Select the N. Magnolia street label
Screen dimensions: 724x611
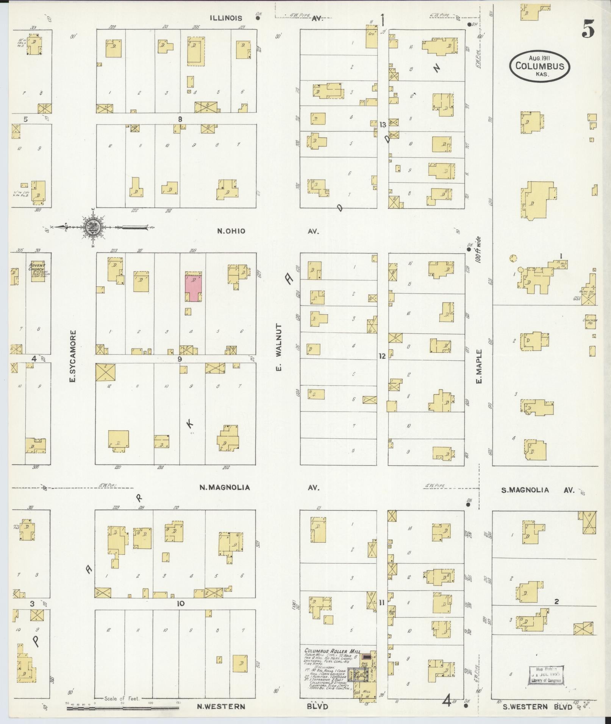pyautogui.click(x=225, y=487)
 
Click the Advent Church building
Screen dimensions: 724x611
pyautogui.click(x=37, y=271)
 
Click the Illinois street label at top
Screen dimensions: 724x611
pyautogui.click(x=226, y=18)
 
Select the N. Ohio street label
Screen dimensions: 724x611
pyautogui.click(x=231, y=231)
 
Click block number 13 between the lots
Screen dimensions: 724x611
pyautogui.click(x=383, y=125)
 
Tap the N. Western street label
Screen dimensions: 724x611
pyautogui.click(x=222, y=707)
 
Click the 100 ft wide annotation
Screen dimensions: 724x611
pyautogui.click(x=478, y=250)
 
